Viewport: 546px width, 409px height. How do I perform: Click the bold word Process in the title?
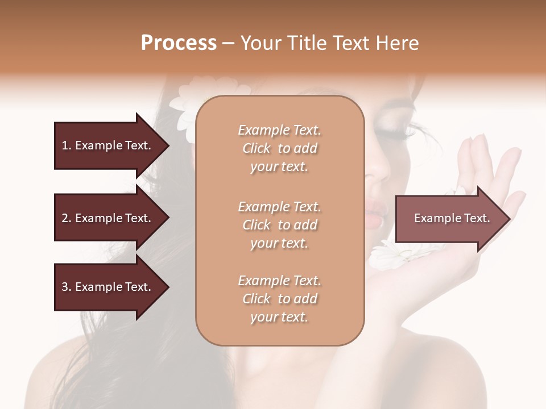click(x=179, y=43)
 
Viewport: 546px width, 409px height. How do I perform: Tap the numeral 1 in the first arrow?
click(x=64, y=145)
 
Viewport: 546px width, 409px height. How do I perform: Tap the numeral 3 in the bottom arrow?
click(x=64, y=287)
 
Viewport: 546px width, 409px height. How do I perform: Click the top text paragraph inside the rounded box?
click(x=279, y=148)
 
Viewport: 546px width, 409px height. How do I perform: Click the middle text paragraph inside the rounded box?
click(x=279, y=224)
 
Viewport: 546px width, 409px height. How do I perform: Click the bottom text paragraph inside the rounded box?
click(x=279, y=299)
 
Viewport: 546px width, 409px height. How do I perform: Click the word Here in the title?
click(x=398, y=43)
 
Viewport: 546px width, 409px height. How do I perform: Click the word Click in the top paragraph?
click(x=257, y=148)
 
